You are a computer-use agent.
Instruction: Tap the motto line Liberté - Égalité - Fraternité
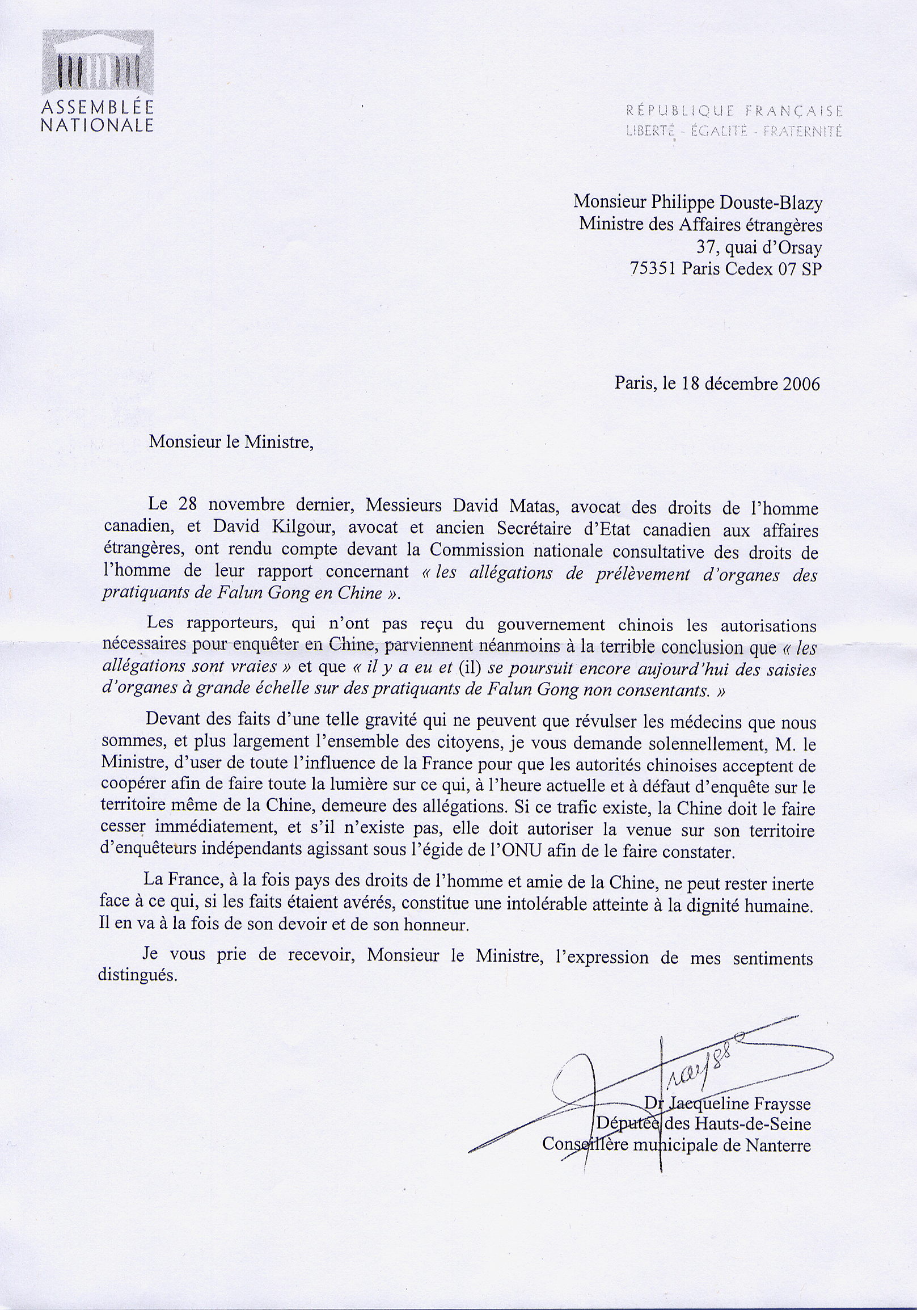tap(734, 132)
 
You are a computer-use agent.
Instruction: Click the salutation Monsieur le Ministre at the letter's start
tap(231, 442)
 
